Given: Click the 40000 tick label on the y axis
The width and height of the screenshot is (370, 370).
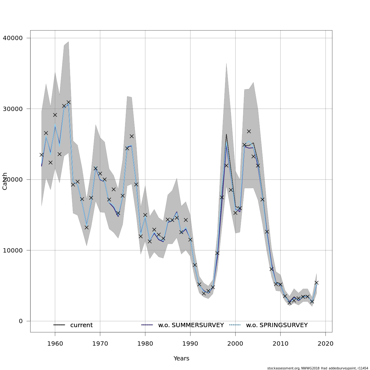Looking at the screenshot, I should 13,38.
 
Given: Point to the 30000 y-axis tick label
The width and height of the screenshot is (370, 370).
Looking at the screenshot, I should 13,109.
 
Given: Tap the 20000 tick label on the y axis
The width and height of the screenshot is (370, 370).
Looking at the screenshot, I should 13,180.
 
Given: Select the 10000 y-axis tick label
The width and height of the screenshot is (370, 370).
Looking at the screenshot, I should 13,250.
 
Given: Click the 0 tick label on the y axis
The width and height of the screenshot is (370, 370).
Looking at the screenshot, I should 21,321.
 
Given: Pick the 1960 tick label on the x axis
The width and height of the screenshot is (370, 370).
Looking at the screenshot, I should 55,343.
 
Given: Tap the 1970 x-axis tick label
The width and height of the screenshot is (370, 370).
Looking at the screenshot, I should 100,343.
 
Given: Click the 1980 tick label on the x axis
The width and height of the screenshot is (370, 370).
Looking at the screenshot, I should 145,343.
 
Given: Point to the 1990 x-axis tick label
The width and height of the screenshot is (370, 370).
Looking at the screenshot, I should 190,343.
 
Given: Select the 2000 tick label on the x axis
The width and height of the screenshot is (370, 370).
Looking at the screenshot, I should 235,343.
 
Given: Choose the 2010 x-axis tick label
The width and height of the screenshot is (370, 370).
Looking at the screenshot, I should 280,343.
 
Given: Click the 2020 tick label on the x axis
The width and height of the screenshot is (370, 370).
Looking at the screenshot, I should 325,343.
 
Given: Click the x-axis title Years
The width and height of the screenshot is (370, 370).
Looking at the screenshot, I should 181,359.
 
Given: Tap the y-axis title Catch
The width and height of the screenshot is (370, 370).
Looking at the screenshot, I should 5,181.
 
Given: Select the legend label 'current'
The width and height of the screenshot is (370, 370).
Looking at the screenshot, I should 81,325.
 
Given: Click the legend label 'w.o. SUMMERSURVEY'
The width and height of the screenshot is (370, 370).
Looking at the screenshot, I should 191,325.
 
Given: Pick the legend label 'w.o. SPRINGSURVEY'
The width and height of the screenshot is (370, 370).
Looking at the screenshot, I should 277,325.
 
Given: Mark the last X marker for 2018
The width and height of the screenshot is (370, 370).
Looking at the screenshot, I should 316,282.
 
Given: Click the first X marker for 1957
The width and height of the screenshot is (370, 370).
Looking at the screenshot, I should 41,155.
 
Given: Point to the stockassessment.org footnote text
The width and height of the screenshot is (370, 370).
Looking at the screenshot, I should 318,368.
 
